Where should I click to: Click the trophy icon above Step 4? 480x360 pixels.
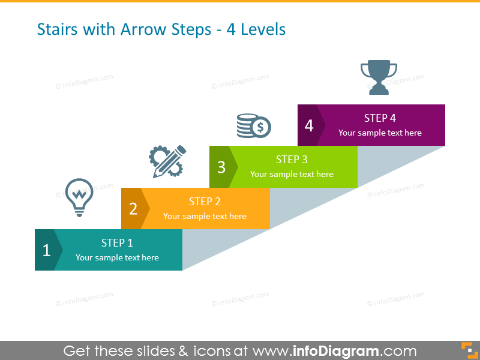pos(379,77)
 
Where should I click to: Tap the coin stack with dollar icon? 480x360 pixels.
pos(253,125)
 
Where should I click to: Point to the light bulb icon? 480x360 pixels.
pos(79,196)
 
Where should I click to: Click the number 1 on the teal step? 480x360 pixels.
pos(46,250)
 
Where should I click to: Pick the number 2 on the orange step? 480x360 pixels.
pos(133,209)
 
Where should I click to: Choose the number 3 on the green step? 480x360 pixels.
pos(221,167)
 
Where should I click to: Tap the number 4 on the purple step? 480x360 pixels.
pos(309,125)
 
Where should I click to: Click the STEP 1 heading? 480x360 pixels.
pos(117,243)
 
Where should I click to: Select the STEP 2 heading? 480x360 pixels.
pos(205,202)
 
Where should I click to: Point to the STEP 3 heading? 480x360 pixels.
pos(292,160)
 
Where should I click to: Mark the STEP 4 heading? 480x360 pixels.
pos(380,118)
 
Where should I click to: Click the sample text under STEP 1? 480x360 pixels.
pos(117,257)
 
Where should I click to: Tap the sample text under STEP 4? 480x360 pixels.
pos(380,133)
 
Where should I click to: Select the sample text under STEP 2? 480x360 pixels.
pos(205,216)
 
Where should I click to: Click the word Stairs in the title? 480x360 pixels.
pos(56,29)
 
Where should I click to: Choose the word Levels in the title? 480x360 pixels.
pos(263,29)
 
